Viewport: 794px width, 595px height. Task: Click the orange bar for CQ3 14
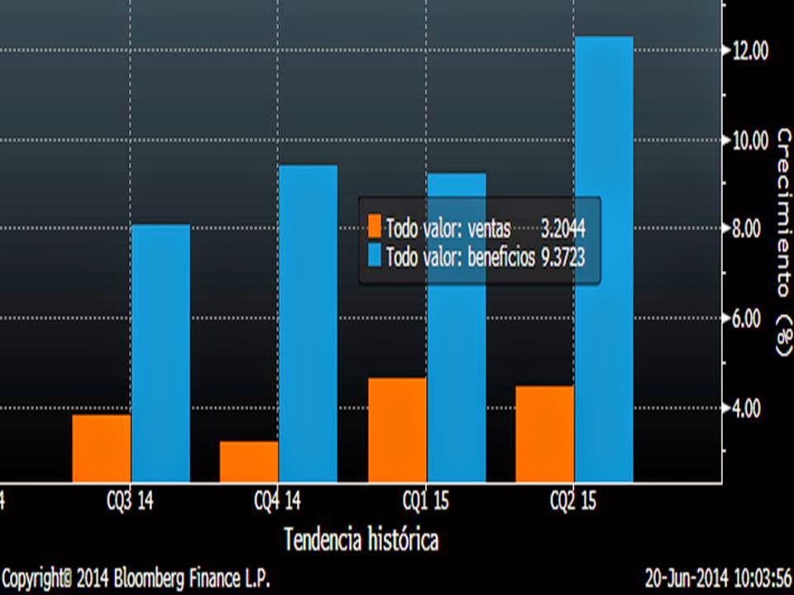pos(102,448)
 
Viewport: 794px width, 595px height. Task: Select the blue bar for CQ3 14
pos(160,353)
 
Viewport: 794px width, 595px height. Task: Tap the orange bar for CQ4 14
pos(249,461)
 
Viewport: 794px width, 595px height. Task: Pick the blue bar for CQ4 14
pos(308,323)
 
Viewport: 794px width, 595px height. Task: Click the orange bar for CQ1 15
pos(397,430)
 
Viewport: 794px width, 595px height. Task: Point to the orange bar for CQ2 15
pos(544,434)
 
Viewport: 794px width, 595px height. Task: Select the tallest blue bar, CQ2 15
pos(603,259)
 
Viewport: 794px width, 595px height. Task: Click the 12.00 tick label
pos(749,51)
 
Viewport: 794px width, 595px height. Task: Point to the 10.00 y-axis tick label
pos(749,140)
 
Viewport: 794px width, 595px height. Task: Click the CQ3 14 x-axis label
pos(131,502)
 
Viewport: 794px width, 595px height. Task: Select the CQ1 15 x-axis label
pos(426,502)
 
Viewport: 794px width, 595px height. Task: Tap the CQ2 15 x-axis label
pos(574,502)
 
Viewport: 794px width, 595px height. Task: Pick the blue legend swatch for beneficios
pos(375,257)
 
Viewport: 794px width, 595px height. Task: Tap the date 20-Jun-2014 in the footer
pos(685,575)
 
